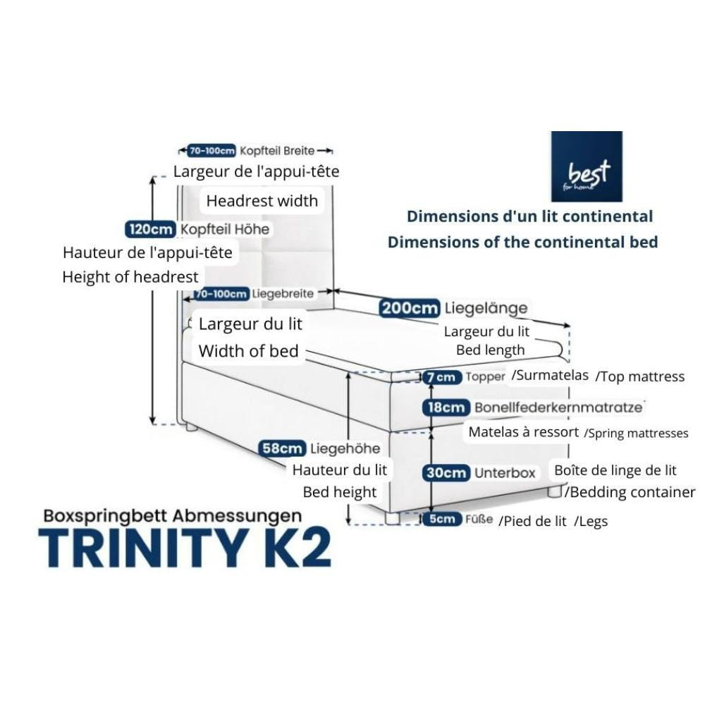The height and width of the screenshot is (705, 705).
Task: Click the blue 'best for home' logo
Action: [586, 166]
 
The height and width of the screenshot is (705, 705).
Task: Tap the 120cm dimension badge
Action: [150, 229]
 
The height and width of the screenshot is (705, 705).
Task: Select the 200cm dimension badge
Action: [410, 308]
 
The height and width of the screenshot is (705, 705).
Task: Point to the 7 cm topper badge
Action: [442, 377]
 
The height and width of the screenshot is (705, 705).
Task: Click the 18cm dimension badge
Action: [445, 407]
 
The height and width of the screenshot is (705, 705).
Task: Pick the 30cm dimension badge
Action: [446, 473]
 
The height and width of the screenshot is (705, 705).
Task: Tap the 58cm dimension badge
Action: [282, 448]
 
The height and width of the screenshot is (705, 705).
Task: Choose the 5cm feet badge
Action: [442, 520]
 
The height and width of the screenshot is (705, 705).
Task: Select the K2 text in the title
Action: [297, 547]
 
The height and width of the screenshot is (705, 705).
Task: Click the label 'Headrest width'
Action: [262, 201]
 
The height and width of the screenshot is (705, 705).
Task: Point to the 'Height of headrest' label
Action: [130, 277]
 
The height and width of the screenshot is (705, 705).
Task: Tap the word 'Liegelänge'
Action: [486, 308]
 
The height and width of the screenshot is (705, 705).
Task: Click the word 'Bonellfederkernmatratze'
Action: [558, 407]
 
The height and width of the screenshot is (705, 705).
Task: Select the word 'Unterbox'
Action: [505, 473]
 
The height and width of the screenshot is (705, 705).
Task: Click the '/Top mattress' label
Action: [640, 376]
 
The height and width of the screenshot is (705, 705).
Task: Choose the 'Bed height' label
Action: [340, 492]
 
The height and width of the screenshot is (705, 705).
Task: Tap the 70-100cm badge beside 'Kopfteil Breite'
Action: [211, 151]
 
